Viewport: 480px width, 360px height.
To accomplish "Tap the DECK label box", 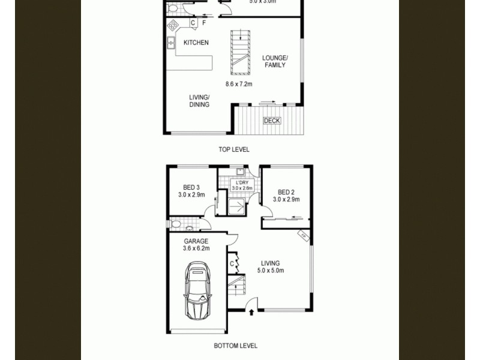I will [x=272, y=121].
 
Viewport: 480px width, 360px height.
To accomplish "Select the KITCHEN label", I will [x=196, y=43].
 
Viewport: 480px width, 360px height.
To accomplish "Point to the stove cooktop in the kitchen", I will [x=173, y=25].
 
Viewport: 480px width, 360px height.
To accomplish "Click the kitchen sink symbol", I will [x=171, y=42].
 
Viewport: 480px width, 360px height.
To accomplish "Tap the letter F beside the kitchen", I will [x=204, y=23].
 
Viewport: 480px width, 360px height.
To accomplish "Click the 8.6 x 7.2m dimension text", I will [x=239, y=85].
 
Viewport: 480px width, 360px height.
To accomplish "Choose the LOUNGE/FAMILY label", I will [x=275, y=61].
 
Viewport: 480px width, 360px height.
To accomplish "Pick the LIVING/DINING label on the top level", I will [x=199, y=101].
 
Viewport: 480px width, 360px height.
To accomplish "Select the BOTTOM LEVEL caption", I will [x=236, y=346].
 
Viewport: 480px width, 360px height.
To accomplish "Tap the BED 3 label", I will [x=191, y=191].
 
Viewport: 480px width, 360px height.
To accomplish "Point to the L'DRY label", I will [x=242, y=182].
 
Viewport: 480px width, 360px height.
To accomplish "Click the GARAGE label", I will [x=196, y=242].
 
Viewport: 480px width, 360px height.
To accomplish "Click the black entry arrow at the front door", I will [x=251, y=311].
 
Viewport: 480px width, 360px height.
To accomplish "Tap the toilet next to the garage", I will [x=176, y=224].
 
